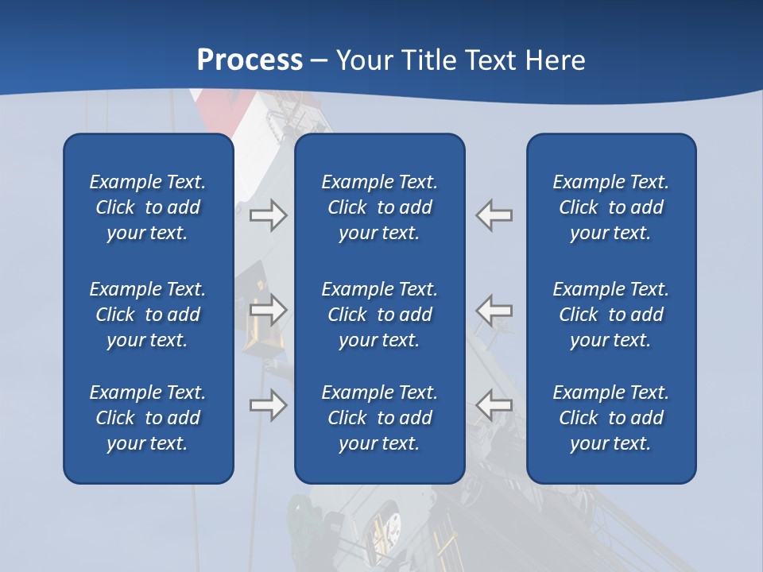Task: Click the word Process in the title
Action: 250,60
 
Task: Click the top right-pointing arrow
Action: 268,215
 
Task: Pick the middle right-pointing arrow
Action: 268,310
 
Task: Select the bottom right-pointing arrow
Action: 268,405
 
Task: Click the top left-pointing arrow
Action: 494,215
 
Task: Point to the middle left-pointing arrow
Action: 494,310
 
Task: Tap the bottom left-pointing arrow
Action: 494,405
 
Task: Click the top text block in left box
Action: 148,207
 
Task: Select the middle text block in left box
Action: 148,315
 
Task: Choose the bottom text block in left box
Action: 148,418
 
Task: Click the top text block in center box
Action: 380,207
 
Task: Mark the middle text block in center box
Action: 380,315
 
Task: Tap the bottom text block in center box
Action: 380,418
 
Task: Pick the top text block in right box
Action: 611,207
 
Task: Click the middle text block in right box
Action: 611,315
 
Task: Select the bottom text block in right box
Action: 611,418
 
